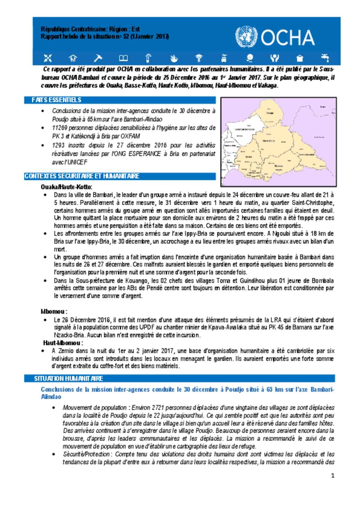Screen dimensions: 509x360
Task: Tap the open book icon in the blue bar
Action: click(123, 58)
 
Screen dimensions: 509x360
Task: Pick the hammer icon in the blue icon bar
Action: click(98, 58)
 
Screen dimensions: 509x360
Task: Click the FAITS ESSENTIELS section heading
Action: click(56, 100)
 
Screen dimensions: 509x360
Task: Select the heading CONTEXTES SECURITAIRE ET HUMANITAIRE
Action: click(82, 176)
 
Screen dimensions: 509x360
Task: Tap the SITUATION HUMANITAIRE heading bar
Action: click(69, 378)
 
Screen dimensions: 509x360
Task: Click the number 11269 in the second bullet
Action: click(59, 128)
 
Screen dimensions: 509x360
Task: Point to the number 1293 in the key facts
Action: click(58, 145)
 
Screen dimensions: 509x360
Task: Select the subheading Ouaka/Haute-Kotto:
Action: click(66, 187)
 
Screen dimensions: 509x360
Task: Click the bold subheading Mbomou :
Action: click(54, 311)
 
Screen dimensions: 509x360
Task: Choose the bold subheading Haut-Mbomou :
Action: click(63, 343)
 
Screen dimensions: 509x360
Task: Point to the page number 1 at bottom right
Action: click(333, 476)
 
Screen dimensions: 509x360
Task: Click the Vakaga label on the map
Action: click(270, 113)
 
